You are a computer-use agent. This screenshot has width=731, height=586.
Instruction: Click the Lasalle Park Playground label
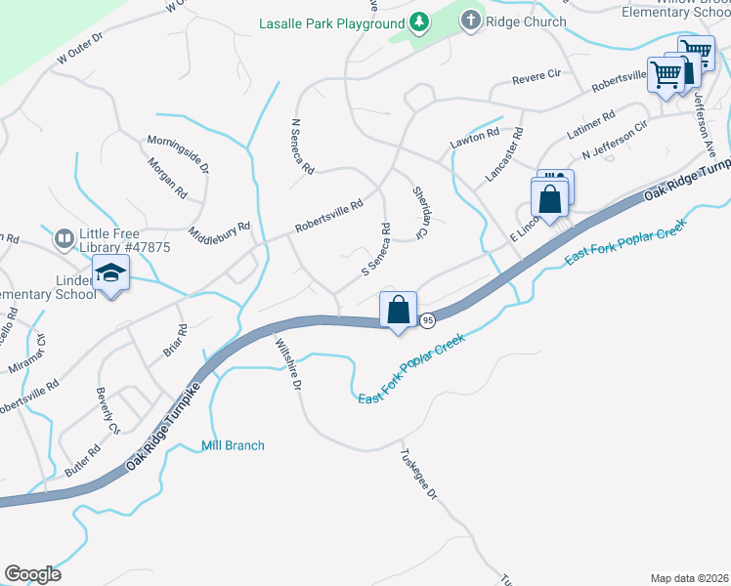pyautogui.click(x=331, y=22)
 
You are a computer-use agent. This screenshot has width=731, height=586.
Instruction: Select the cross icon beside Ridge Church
pyautogui.click(x=470, y=21)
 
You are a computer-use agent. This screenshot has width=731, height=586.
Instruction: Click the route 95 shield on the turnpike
pyautogui.click(x=427, y=319)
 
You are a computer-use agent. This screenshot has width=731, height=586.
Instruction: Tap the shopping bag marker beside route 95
pyautogui.click(x=398, y=311)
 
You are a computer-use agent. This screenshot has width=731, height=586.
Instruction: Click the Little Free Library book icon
pyautogui.click(x=63, y=238)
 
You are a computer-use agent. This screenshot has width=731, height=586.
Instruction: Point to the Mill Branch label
pyautogui.click(x=233, y=445)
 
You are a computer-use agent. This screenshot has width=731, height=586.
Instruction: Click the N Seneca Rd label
pyautogui.click(x=302, y=146)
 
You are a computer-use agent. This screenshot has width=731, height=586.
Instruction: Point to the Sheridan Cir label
pyautogui.click(x=421, y=213)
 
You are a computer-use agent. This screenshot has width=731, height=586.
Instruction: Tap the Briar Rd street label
pyautogui.click(x=175, y=341)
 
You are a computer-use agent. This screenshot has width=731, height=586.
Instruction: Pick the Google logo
pyautogui.click(x=32, y=574)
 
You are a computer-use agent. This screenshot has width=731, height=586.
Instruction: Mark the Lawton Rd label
pyautogui.click(x=474, y=139)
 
